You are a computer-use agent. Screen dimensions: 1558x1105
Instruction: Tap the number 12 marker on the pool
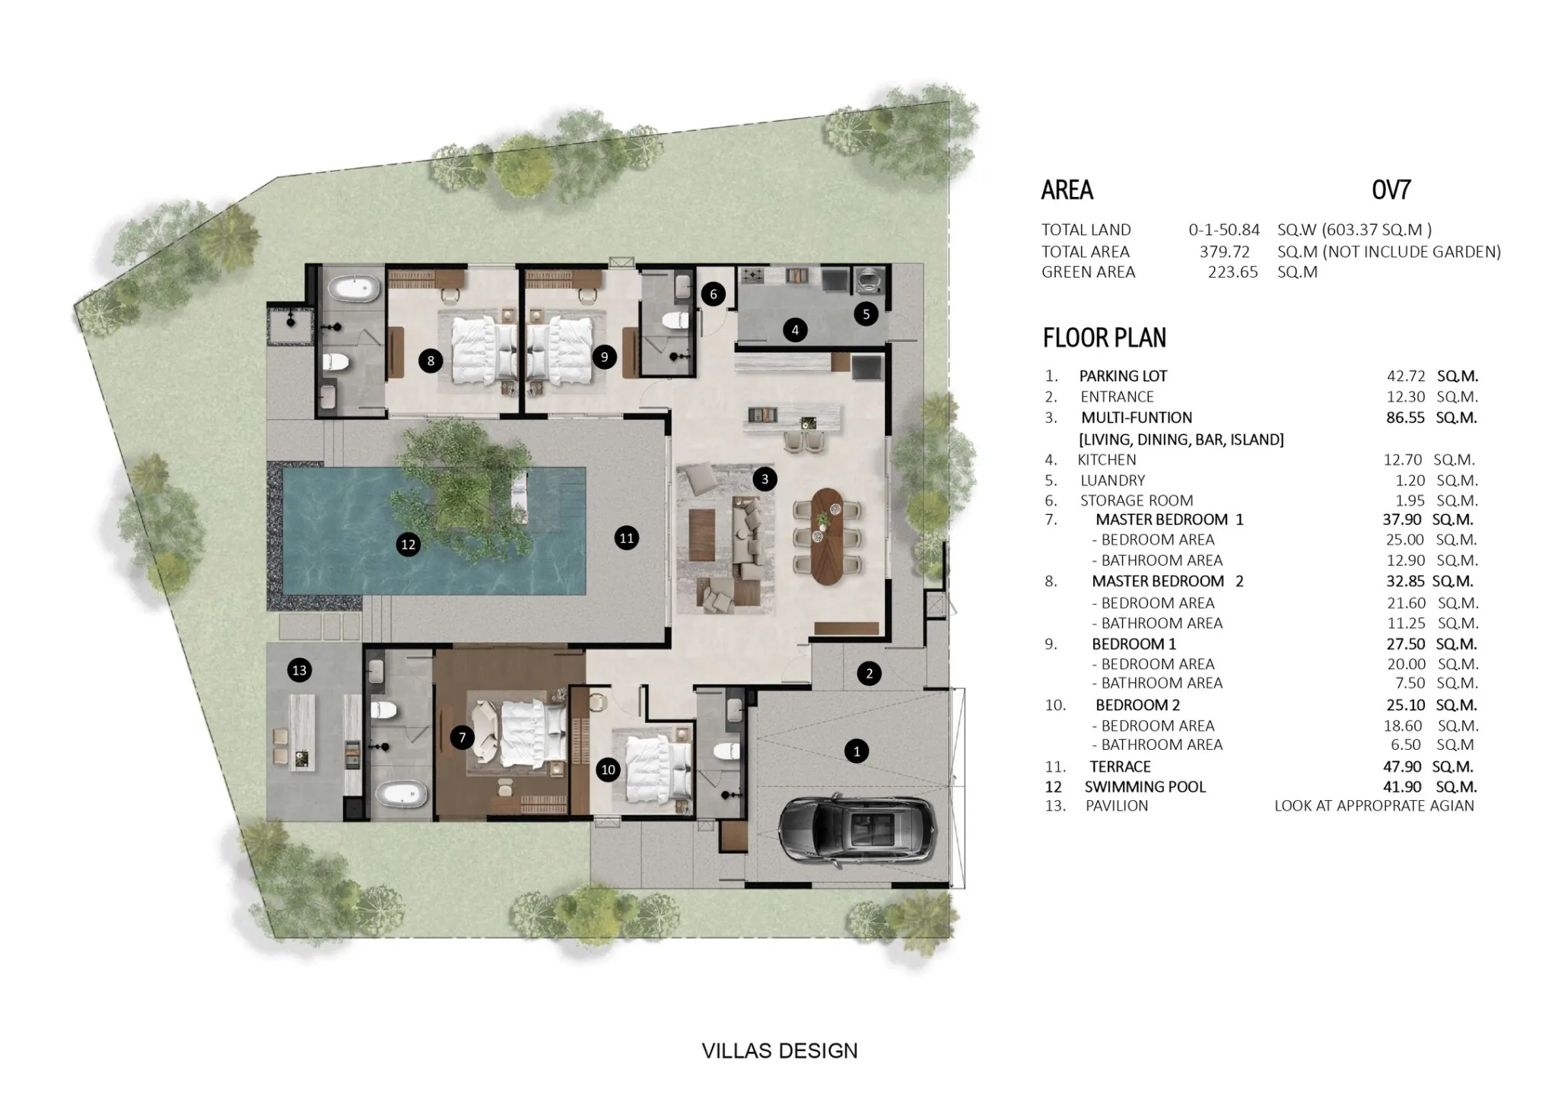click(409, 544)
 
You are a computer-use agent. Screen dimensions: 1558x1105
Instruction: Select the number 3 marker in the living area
click(765, 479)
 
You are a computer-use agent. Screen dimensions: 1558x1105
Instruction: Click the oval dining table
click(827, 535)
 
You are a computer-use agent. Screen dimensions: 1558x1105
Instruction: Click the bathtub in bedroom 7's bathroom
click(402, 795)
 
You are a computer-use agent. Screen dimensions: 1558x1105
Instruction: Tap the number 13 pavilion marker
click(299, 670)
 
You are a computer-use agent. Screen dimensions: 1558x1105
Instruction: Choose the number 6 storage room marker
click(713, 294)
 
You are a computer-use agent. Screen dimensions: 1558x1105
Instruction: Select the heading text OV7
click(1391, 189)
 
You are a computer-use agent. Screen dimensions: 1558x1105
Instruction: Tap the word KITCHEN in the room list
click(1107, 459)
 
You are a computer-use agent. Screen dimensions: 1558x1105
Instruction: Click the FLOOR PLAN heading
click(1105, 338)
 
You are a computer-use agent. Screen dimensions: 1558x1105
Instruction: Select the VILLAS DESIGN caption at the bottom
click(780, 1051)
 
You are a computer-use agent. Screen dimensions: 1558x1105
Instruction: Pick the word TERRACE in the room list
click(1121, 767)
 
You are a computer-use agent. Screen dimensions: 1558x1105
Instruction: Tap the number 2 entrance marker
click(869, 673)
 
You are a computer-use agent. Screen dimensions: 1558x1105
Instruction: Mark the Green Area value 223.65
click(1233, 272)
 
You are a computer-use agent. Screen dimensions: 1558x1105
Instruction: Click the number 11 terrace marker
click(626, 538)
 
